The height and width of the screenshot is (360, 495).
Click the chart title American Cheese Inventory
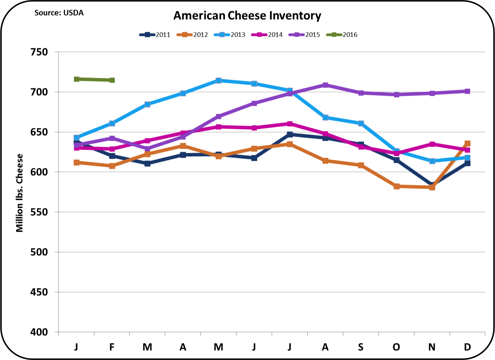[x=247, y=16]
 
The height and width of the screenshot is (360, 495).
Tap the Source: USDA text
[x=59, y=13]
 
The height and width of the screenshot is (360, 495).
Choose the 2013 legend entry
[x=230, y=35]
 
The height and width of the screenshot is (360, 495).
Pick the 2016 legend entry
[x=342, y=35]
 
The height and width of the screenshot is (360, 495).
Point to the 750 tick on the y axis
[x=39, y=52]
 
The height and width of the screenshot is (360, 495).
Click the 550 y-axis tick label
[x=39, y=212]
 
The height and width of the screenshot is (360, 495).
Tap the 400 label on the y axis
[x=39, y=332]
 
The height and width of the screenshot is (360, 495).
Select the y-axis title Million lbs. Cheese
[x=20, y=193]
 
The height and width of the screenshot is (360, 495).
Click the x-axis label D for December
[x=467, y=347]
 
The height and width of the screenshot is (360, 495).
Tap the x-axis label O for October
[x=396, y=347]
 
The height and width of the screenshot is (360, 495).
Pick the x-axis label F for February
[x=112, y=347]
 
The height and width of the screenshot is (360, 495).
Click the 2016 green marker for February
[x=112, y=80]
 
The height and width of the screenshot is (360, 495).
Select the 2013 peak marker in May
[x=218, y=81]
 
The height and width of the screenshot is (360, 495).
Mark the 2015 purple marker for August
[x=325, y=85]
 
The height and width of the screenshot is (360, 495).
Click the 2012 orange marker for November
[x=432, y=187]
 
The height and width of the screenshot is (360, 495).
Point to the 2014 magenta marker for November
[x=432, y=144]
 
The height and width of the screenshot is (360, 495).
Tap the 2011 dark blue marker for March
[x=148, y=164]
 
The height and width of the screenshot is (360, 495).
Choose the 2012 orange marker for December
[x=468, y=144]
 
